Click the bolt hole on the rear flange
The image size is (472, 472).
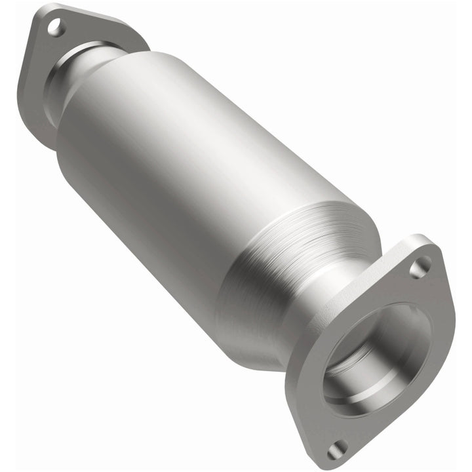pyautogui.click(x=56, y=28)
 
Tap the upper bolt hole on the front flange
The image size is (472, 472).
pyautogui.click(x=420, y=266)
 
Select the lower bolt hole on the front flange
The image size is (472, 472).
pyautogui.click(x=337, y=449)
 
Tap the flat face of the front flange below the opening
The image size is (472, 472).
pyautogui.click(x=367, y=426)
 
